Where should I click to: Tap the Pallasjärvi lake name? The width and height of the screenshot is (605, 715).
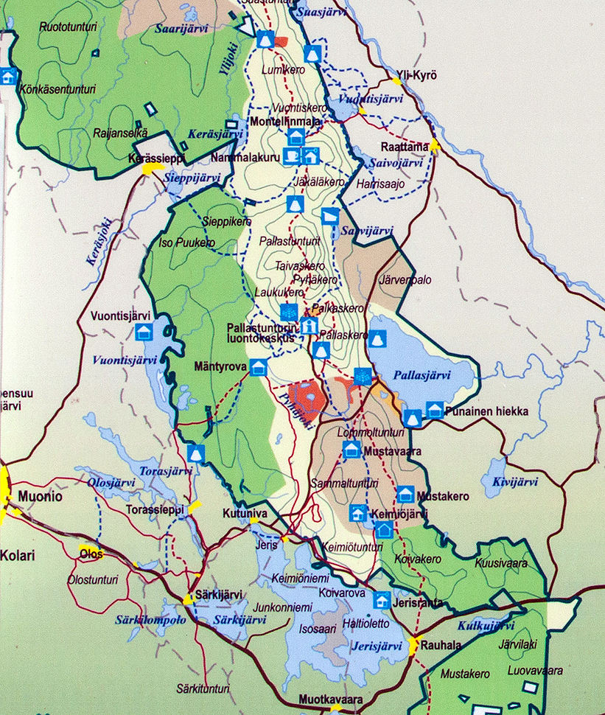[x=422, y=375]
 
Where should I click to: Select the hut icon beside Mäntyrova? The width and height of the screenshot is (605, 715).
[x=258, y=366]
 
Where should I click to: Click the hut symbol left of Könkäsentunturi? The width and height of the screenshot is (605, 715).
[x=8, y=76]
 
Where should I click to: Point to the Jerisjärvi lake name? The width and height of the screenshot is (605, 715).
[x=377, y=646]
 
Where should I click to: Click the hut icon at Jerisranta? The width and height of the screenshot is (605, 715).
[x=382, y=600]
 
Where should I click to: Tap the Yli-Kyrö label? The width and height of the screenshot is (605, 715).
[x=416, y=75]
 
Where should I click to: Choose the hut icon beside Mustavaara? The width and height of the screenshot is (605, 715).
[x=352, y=449]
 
